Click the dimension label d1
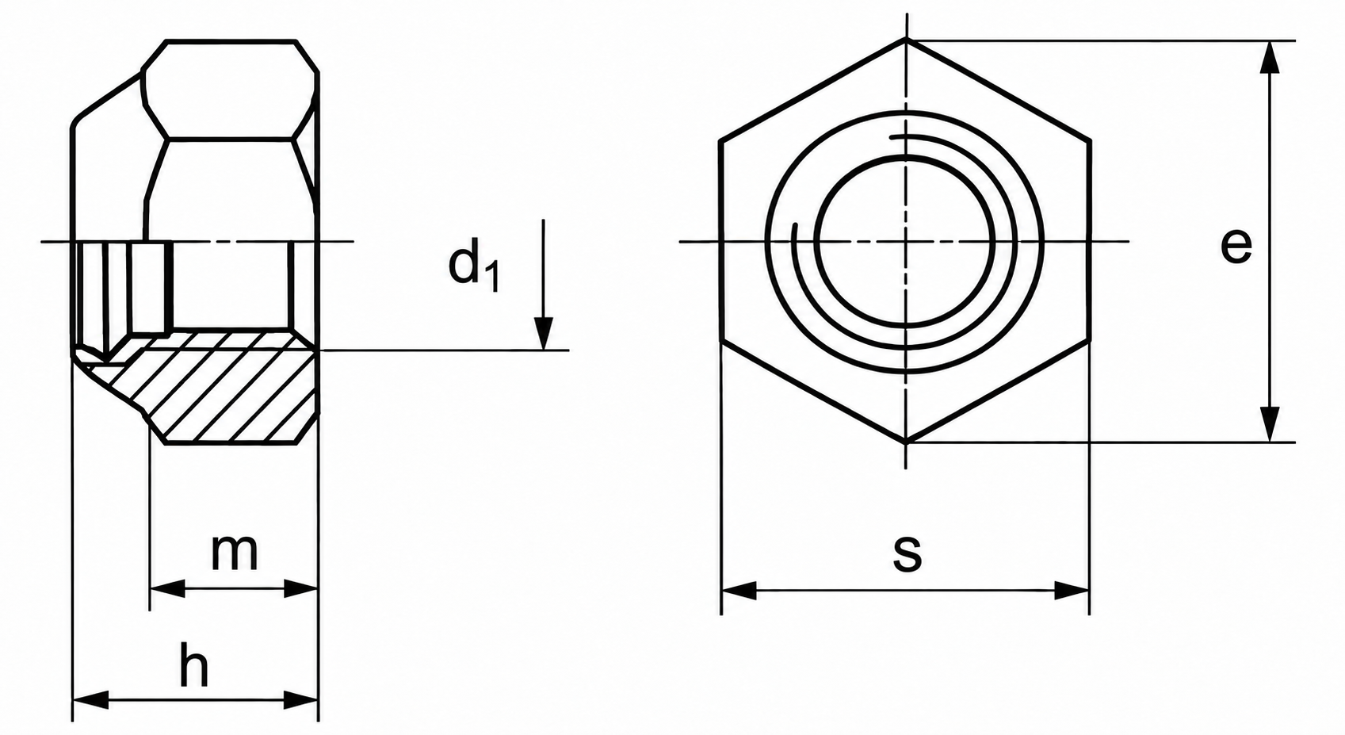pos(474,263)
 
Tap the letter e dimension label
pos(1236,245)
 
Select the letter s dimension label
pos(907,553)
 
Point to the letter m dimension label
pos(234,552)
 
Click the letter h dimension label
pos(194,664)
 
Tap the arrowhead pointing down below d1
pos(544,333)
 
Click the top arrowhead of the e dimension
pos(1270,58)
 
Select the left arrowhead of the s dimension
pos(739,590)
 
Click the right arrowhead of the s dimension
pos(1072,590)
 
